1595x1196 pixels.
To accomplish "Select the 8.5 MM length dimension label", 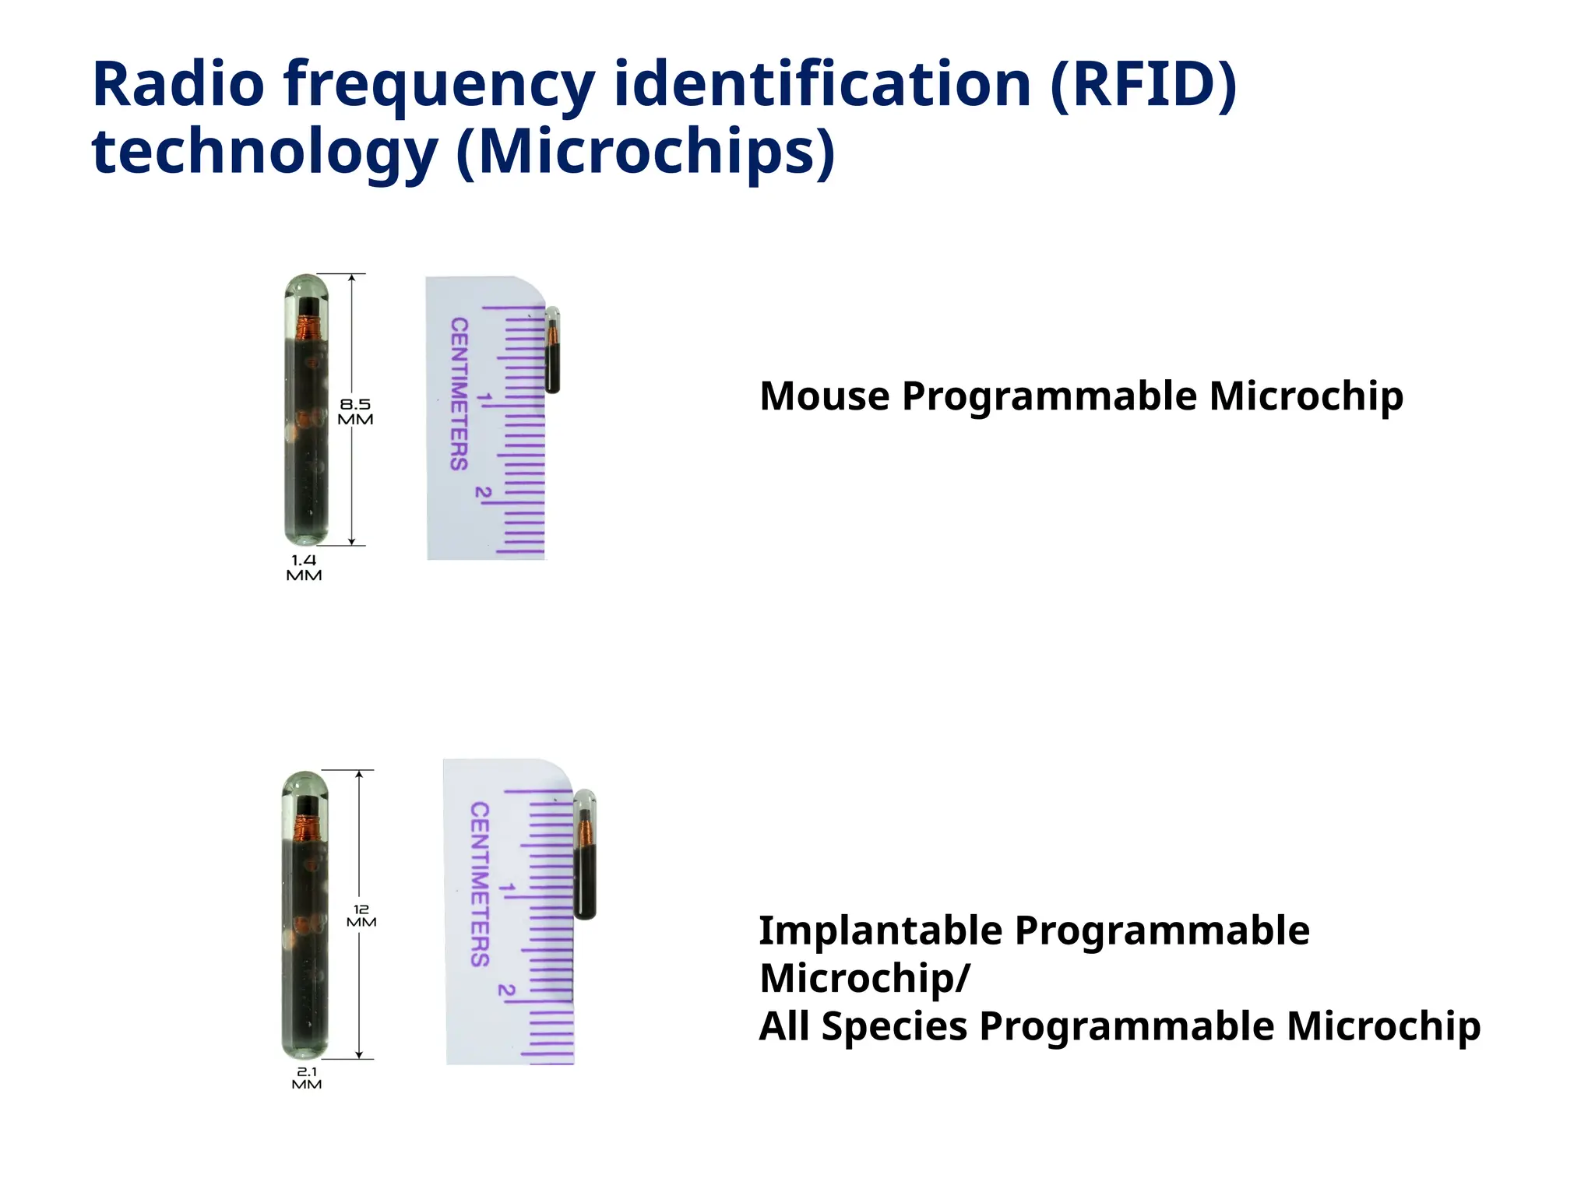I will (355, 411).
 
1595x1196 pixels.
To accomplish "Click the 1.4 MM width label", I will (304, 568).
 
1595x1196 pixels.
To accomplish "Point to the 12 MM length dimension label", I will (361, 916).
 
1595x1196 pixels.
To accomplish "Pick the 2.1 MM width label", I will (307, 1078).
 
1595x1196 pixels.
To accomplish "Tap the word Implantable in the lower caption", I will (881, 930).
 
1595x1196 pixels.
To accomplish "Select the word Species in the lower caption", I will (893, 1026).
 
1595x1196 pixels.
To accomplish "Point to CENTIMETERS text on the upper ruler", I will (459, 394).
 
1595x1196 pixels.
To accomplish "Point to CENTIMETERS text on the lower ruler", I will (480, 885).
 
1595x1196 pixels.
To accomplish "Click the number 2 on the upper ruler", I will (484, 493).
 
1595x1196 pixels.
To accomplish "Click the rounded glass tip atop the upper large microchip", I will (306, 287).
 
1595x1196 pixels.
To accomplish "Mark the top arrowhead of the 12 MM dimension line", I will (359, 775).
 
